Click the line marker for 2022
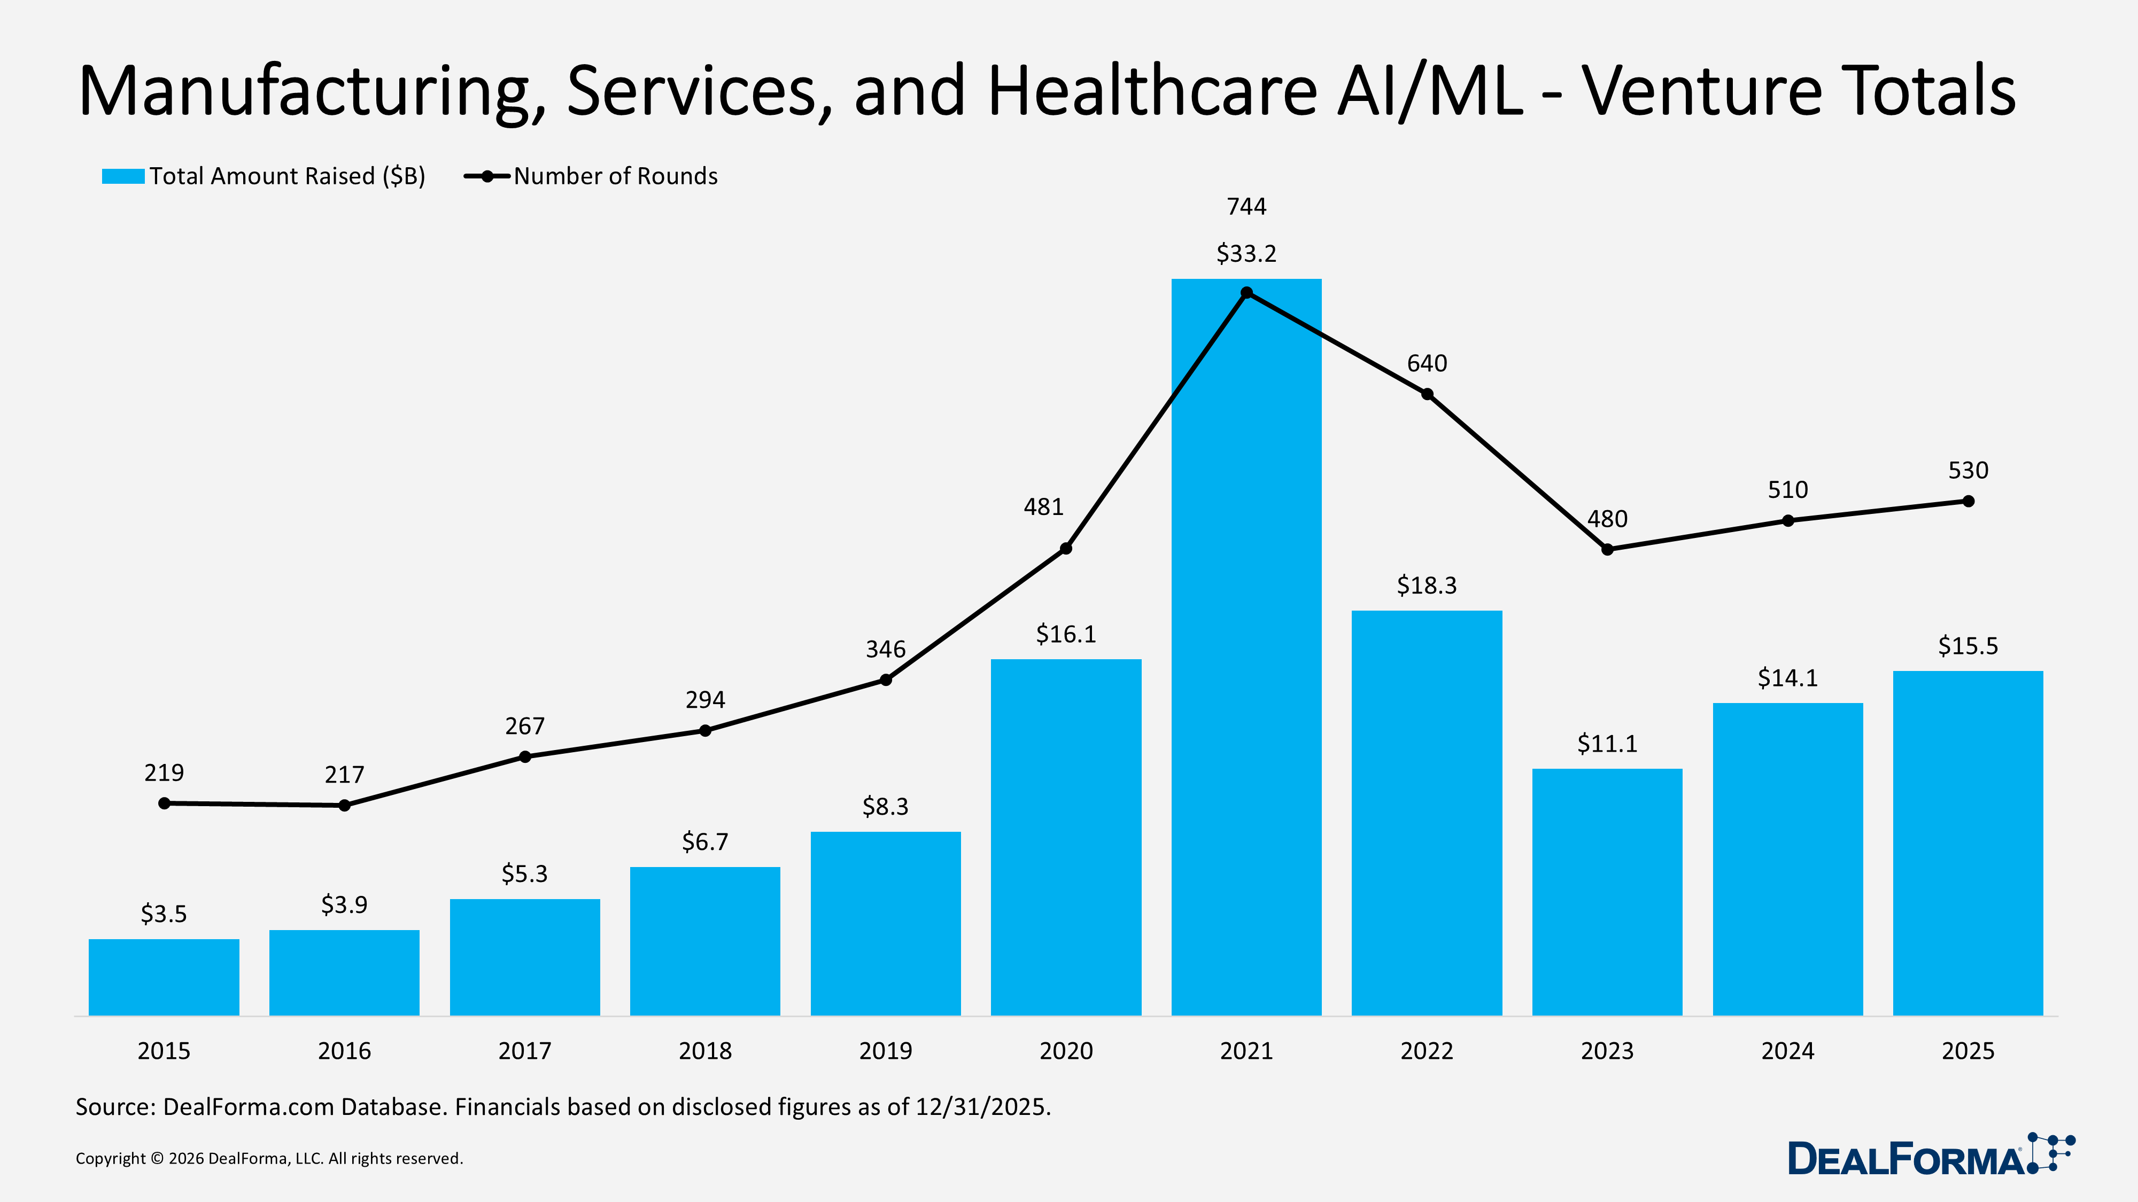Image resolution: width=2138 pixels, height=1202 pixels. pos(1427,394)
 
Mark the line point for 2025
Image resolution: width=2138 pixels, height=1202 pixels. pos(1968,501)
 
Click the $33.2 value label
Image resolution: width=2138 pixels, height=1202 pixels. pos(1246,254)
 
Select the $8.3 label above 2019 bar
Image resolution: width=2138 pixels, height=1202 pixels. pos(885,806)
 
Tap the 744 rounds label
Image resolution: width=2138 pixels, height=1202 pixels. pos(1246,207)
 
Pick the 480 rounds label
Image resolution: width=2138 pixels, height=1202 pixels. pos(1607,519)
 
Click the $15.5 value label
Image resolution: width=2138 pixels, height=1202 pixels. pos(1968,646)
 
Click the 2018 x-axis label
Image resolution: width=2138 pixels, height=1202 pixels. pos(704,1051)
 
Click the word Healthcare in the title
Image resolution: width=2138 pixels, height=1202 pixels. pos(1152,91)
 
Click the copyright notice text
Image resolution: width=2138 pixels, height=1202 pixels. pos(269,1159)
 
